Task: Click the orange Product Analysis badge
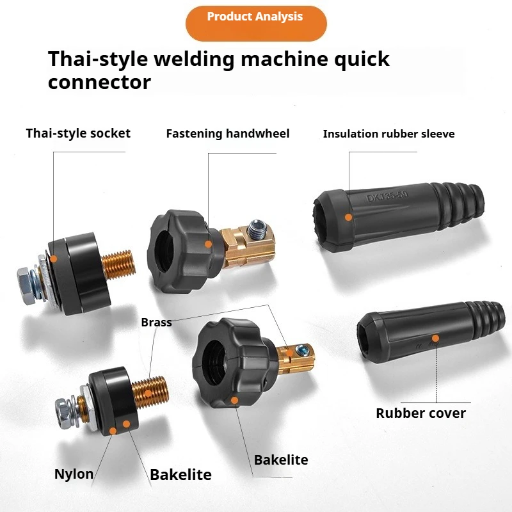point(256,23)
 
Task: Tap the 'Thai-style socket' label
point(78,133)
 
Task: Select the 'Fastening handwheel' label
point(228,134)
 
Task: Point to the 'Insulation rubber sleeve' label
point(388,134)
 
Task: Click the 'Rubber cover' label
point(420,413)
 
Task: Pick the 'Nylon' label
point(74,474)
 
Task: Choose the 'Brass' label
point(156,323)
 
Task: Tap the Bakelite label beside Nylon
point(180,474)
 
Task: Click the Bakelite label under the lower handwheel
point(281,460)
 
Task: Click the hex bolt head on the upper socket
point(26,285)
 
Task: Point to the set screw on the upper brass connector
point(256,228)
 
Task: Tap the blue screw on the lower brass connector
point(301,350)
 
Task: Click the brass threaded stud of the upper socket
point(118,264)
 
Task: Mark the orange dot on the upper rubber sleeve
point(348,217)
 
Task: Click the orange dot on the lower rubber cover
point(435,339)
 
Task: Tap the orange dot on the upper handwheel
point(209,244)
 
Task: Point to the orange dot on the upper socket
point(54,259)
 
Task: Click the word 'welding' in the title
point(194,60)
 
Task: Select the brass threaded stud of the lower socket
point(150,392)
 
